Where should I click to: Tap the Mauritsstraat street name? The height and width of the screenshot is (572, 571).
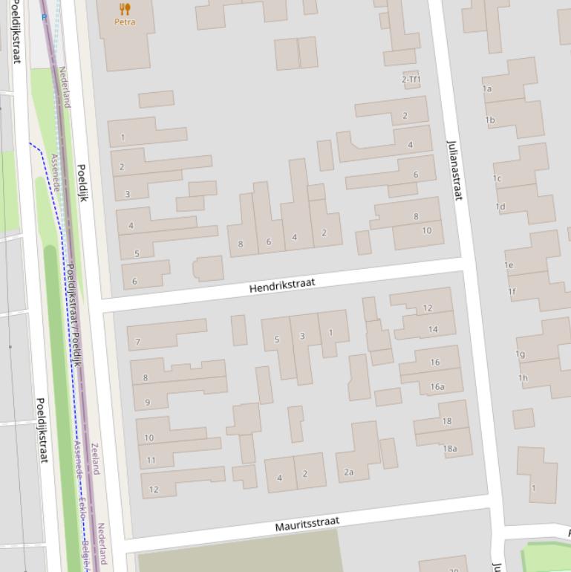click(307, 524)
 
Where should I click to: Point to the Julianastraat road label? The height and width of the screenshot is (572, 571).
click(454, 169)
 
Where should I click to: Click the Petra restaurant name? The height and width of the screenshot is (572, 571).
click(125, 22)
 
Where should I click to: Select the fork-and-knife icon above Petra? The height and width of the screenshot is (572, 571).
click(125, 9)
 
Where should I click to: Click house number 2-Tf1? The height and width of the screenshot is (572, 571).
click(411, 79)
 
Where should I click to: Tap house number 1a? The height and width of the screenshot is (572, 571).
click(487, 88)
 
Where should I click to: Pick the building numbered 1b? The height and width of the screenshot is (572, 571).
click(490, 120)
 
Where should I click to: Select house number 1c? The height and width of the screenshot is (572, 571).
click(497, 178)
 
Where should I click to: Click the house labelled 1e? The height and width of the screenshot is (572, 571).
click(509, 265)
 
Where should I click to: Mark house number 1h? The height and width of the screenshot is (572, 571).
click(523, 377)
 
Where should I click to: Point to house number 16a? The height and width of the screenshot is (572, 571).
click(437, 386)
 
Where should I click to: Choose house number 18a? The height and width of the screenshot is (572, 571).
click(450, 448)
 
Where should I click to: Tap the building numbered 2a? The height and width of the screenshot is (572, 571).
click(349, 472)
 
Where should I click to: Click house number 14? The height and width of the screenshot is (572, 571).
click(433, 329)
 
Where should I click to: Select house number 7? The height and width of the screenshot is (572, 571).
click(137, 342)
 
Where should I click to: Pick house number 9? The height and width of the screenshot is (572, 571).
click(147, 403)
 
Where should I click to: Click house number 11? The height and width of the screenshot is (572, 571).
click(151, 460)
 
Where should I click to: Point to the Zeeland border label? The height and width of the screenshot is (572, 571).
click(94, 458)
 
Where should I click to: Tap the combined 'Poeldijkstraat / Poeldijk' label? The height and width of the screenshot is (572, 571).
click(74, 315)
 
